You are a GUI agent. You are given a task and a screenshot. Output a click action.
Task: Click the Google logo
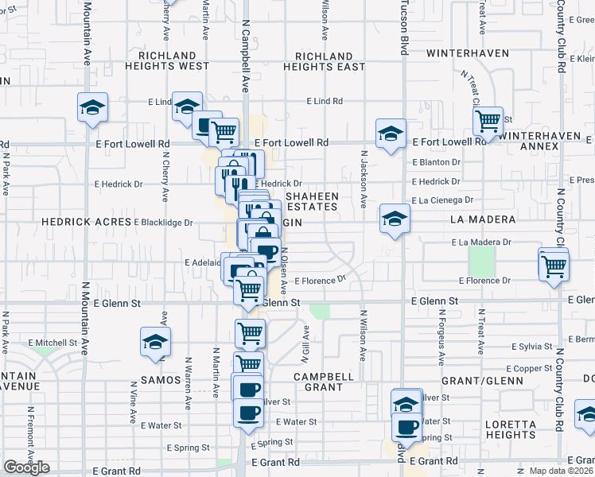[26, 467]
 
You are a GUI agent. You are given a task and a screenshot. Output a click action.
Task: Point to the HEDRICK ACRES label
[85, 223]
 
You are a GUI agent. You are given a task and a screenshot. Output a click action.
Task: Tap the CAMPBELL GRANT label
[323, 382]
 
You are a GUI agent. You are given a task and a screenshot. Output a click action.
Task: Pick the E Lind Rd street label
[325, 101]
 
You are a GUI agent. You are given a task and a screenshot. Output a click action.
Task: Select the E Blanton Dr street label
[437, 161]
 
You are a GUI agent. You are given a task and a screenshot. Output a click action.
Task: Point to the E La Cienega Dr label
[442, 200]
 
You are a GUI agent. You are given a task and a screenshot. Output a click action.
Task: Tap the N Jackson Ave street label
[364, 180]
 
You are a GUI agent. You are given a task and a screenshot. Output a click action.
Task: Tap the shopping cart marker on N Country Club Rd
[554, 266]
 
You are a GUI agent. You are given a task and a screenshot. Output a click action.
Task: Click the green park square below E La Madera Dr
[480, 261]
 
